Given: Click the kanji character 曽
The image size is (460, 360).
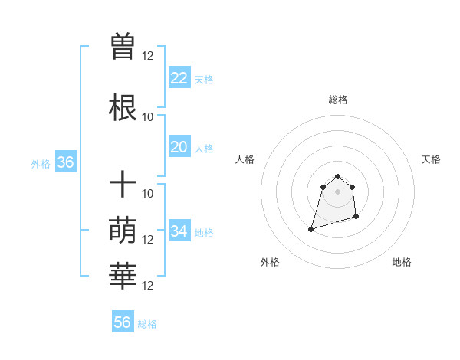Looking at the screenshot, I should point(123,47).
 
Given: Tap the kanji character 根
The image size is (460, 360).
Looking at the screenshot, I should point(123,108).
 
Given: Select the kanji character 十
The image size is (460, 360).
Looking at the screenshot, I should point(123,185).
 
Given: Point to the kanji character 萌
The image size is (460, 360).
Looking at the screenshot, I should point(123,231).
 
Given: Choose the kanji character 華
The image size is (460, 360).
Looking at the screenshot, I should point(123,277).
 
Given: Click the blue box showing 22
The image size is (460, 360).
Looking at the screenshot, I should point(179,78).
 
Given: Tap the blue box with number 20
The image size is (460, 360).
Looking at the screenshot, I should point(179,148).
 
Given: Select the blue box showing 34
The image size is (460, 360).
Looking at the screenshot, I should point(179,231).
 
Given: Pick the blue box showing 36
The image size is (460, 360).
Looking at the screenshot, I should point(65,163).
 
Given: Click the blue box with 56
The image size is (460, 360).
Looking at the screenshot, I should point(123,322).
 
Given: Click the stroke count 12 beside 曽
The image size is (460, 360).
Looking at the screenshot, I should point(148,56).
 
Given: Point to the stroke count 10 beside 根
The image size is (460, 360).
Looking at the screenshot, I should point(148,117).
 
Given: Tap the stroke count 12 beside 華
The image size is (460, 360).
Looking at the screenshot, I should point(148,286).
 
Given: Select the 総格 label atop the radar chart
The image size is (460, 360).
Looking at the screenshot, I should point(337,100).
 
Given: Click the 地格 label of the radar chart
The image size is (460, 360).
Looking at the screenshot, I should point(402,262).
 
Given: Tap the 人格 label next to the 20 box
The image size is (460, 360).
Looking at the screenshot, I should point(204,149).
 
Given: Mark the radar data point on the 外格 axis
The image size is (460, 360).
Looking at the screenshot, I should point(311,229).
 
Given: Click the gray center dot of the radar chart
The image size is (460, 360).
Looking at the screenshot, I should point(337,191).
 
